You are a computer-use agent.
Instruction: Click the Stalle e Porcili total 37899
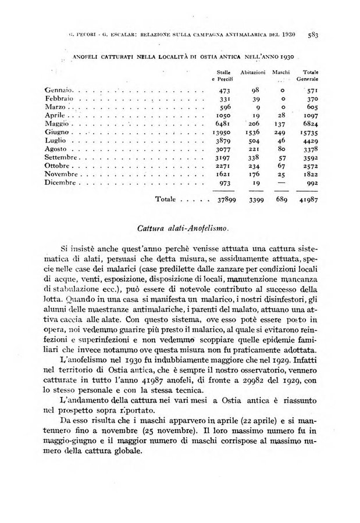pyautogui.click(x=224, y=199)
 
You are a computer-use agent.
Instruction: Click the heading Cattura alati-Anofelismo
pyautogui.click(x=180, y=227)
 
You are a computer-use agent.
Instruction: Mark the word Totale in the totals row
pyautogui.click(x=166, y=199)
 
